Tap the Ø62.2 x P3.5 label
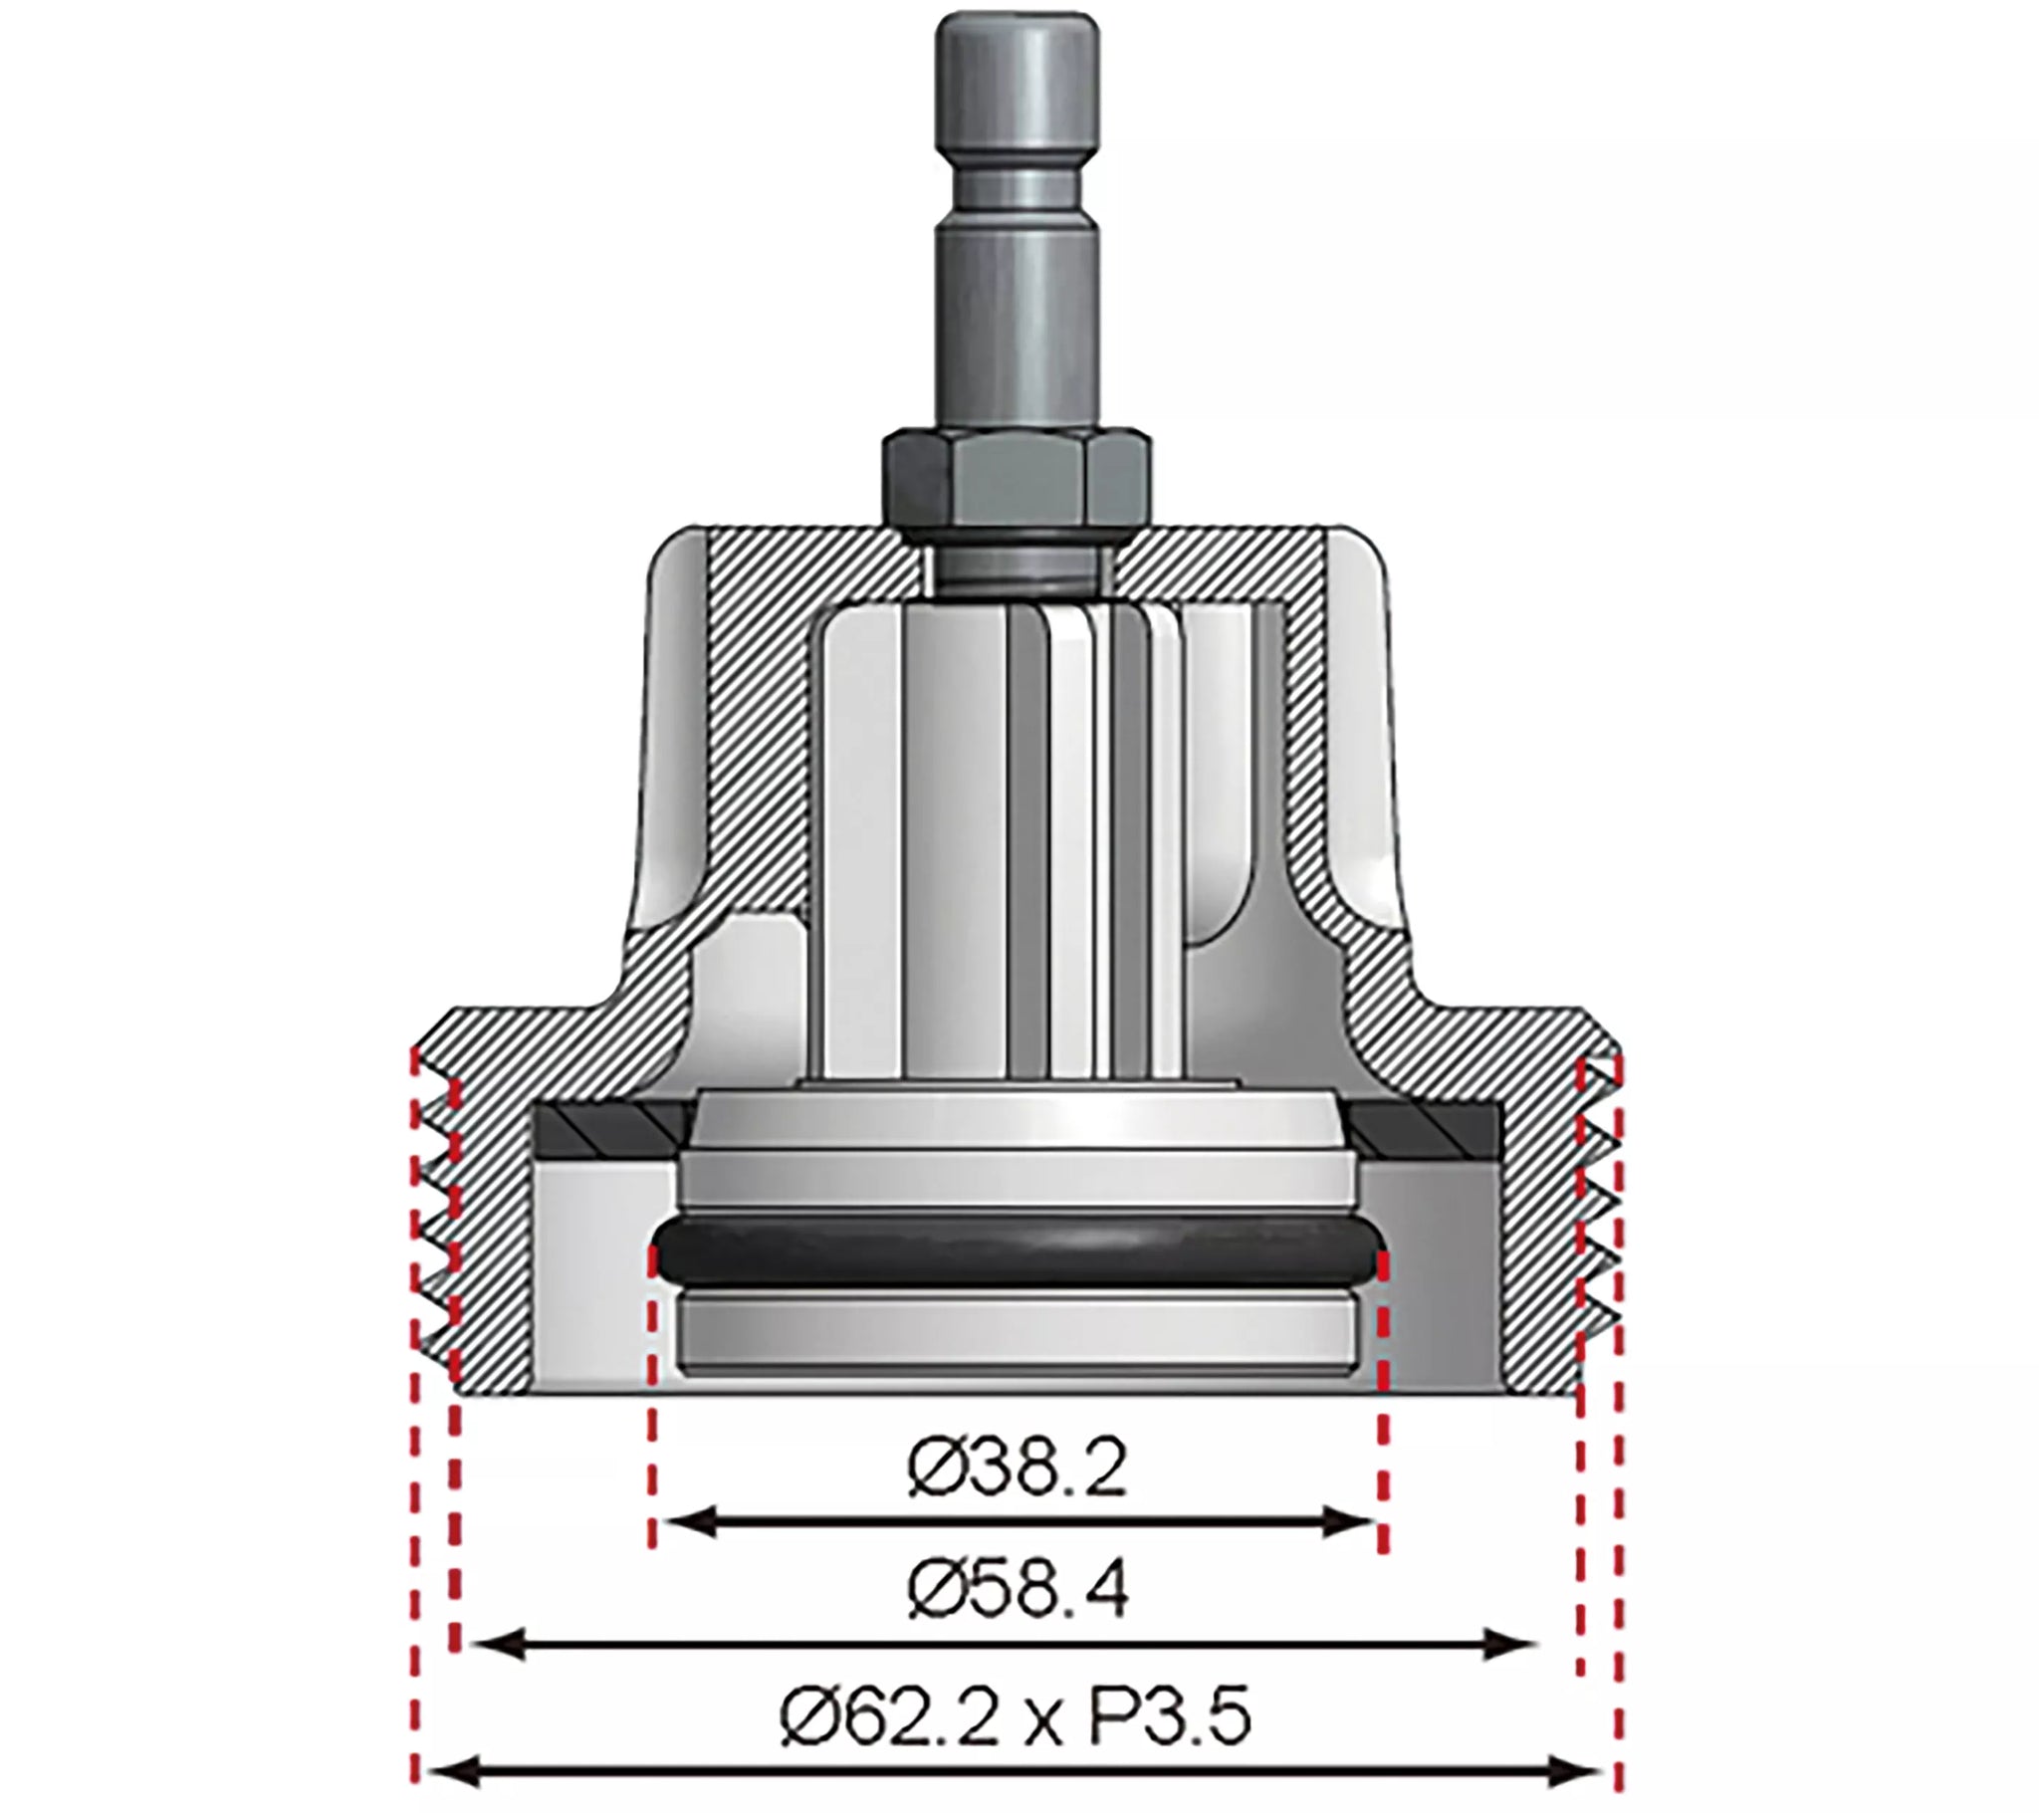pos(1016,1717)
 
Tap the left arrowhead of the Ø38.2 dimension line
pos(683,1523)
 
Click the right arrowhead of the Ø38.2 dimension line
pos(1354,1523)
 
